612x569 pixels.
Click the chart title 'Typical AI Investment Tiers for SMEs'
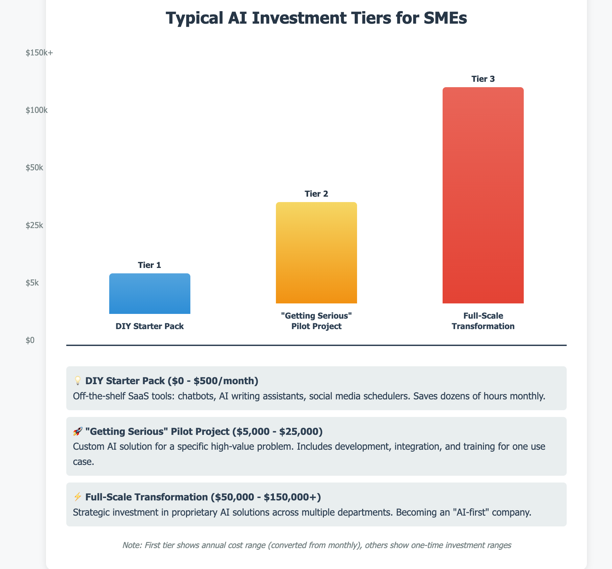pyautogui.click(x=316, y=18)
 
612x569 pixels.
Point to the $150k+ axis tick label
pyautogui.click(x=39, y=53)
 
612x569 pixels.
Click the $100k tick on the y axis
pyautogui.click(x=37, y=110)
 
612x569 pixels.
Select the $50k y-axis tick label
pyautogui.click(x=34, y=168)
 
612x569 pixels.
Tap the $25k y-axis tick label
pyautogui.click(x=34, y=225)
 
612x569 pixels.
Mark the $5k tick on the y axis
pyautogui.click(x=32, y=282)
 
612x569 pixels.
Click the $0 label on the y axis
pyautogui.click(x=30, y=340)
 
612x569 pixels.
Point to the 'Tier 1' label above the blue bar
pyautogui.click(x=149, y=265)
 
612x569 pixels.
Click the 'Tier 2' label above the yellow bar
pyautogui.click(x=316, y=194)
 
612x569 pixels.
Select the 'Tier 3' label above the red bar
pyautogui.click(x=483, y=79)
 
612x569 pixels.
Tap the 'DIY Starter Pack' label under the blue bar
pyautogui.click(x=149, y=326)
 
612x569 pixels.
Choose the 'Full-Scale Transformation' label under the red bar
pyautogui.click(x=483, y=321)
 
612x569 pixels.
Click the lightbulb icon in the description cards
pyautogui.click(x=77, y=381)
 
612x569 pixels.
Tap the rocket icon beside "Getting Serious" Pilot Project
pyautogui.click(x=77, y=431)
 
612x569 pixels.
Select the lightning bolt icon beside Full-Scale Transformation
pyautogui.click(x=77, y=497)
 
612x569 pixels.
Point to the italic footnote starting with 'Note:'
pyautogui.click(x=316, y=545)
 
